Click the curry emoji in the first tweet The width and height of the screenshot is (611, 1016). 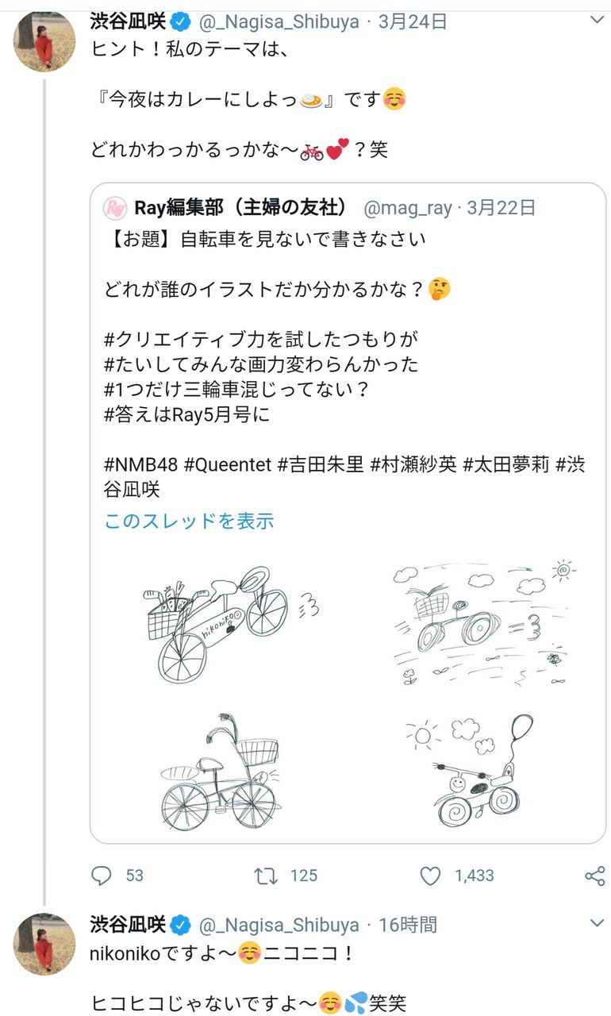(x=311, y=100)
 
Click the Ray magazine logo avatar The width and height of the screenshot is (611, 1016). (x=116, y=208)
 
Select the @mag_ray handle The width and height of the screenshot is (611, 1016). (x=408, y=208)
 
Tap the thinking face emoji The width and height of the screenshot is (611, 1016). (x=439, y=289)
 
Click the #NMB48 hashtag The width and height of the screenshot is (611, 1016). (x=140, y=464)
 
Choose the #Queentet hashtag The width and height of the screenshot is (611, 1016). (x=228, y=464)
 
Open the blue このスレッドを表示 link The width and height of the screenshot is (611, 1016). (x=189, y=521)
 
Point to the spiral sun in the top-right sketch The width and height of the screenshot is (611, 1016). (x=563, y=570)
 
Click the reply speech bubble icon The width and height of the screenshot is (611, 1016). (x=101, y=876)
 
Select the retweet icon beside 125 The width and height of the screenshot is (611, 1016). (x=265, y=876)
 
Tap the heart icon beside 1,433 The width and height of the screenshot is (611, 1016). (x=430, y=876)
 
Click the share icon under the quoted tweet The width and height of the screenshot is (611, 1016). (x=595, y=876)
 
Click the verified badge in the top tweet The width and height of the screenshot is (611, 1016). (x=180, y=21)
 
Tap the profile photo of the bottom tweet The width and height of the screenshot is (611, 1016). (x=44, y=944)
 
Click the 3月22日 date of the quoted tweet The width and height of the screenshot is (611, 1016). (x=501, y=208)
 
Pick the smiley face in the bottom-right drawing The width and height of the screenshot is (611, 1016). (x=457, y=783)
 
